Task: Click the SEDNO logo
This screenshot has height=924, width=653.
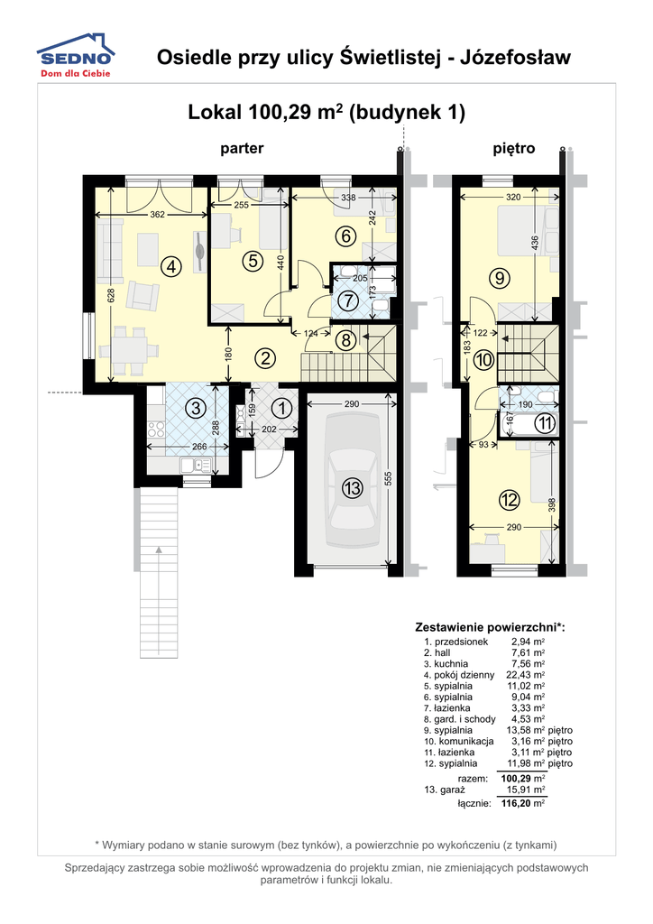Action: (76, 55)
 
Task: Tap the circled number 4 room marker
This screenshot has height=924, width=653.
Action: (170, 266)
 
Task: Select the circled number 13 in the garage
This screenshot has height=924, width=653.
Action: (352, 488)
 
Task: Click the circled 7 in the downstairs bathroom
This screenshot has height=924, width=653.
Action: (348, 300)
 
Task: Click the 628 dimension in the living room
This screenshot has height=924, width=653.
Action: (113, 295)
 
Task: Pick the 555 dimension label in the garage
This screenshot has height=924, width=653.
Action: (388, 478)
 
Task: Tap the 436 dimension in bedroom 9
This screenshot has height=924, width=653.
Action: (534, 243)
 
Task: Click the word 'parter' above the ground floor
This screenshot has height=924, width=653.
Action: (242, 148)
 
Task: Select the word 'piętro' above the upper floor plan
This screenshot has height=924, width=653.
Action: (514, 148)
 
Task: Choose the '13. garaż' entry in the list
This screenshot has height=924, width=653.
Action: (445, 790)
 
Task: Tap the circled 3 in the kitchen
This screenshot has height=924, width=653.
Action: (196, 408)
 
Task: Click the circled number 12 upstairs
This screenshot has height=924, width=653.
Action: (509, 500)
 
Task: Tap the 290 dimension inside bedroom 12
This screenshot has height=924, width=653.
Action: (513, 527)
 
